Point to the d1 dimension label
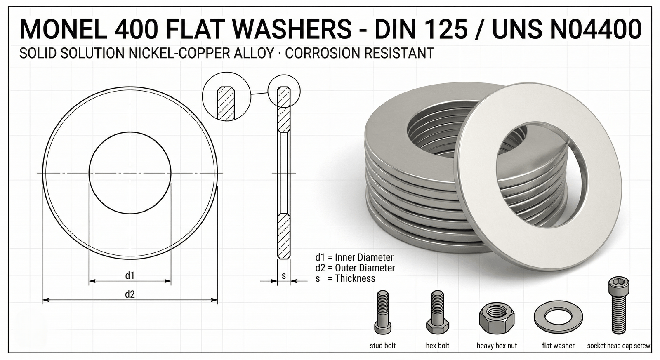tap(130, 275)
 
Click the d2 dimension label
tap(130, 294)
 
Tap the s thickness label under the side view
tap(284, 276)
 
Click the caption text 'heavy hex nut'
tap(497, 346)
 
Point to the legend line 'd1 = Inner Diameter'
tap(354, 257)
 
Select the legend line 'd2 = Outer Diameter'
tap(355, 268)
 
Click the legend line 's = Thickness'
tap(345, 278)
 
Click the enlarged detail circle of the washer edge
tap(226, 98)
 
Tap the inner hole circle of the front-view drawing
tap(130, 173)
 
